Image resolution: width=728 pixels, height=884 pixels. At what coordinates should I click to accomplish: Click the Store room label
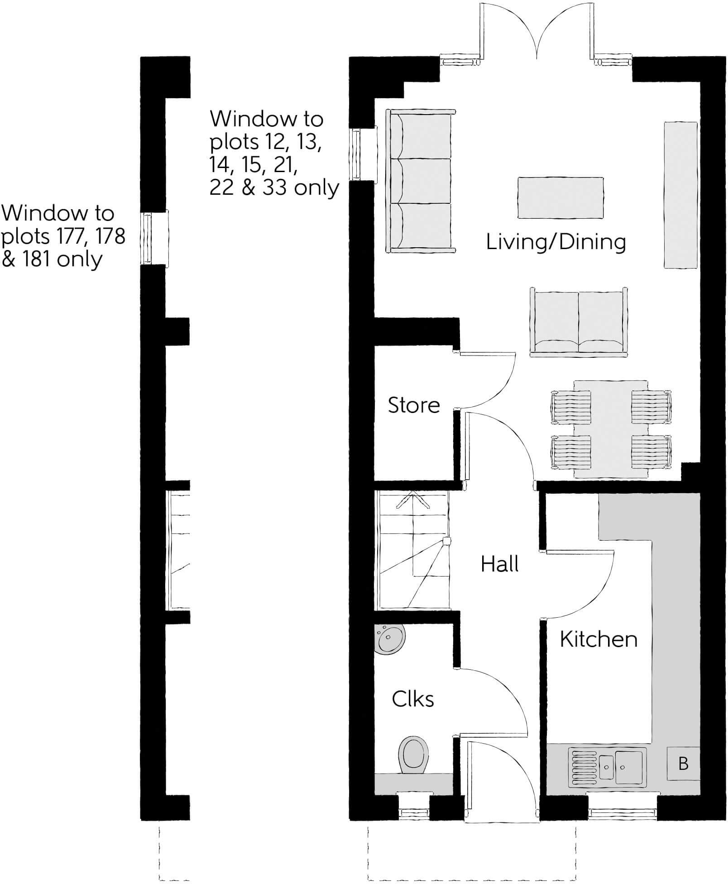point(414,405)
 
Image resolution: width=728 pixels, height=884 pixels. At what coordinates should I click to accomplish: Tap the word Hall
point(499,564)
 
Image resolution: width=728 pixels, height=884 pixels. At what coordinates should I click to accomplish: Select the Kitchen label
point(599,639)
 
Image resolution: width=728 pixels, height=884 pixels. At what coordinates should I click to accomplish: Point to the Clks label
point(413,699)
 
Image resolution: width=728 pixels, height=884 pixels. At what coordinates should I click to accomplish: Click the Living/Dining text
point(556,242)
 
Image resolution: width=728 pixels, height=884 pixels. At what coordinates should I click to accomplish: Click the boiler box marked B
point(683,764)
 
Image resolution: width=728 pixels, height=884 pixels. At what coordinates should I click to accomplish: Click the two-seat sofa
point(579,322)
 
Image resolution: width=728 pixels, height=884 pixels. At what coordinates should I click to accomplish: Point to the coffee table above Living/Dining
point(560,198)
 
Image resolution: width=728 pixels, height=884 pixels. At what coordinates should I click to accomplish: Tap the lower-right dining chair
point(651,452)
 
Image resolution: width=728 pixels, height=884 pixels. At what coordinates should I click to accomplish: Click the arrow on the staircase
point(412,498)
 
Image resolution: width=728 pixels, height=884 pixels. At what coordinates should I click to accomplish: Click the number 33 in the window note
point(275,187)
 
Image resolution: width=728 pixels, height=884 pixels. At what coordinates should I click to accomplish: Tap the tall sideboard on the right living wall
point(680,195)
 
